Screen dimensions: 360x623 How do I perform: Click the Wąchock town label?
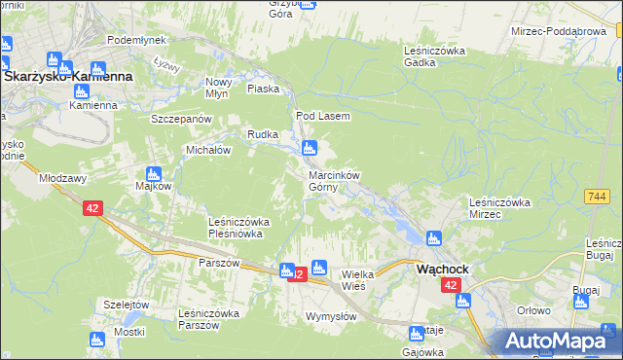443,269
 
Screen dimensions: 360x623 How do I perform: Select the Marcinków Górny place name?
334,181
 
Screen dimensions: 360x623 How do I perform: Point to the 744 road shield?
598,196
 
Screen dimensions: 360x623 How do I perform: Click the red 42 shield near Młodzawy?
92,208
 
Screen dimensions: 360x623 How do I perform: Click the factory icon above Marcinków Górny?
310,149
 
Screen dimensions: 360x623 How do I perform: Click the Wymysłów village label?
331,316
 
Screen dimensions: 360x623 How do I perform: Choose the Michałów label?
207,151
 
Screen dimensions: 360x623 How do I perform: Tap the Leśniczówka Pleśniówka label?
238,228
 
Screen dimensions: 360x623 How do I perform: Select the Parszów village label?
219,263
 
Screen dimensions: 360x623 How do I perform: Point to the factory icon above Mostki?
96,340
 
